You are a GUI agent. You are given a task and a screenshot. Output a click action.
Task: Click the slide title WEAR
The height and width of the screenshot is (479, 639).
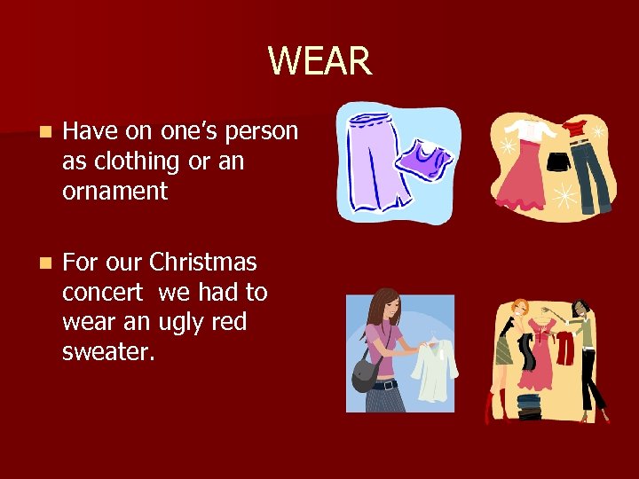pyautogui.click(x=319, y=61)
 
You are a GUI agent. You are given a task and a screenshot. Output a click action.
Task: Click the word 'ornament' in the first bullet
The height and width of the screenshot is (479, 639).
pyautogui.click(x=114, y=191)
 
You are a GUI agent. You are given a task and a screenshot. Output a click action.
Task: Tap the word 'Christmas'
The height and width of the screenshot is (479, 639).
pyautogui.click(x=203, y=263)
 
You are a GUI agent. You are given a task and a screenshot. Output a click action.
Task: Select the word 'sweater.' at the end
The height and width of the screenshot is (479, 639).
pyautogui.click(x=108, y=352)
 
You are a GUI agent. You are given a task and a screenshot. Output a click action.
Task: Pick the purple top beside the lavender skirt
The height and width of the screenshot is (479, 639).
pyautogui.click(x=422, y=160)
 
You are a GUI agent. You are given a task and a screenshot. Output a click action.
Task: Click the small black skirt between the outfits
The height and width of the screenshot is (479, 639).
pyautogui.click(x=559, y=162)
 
